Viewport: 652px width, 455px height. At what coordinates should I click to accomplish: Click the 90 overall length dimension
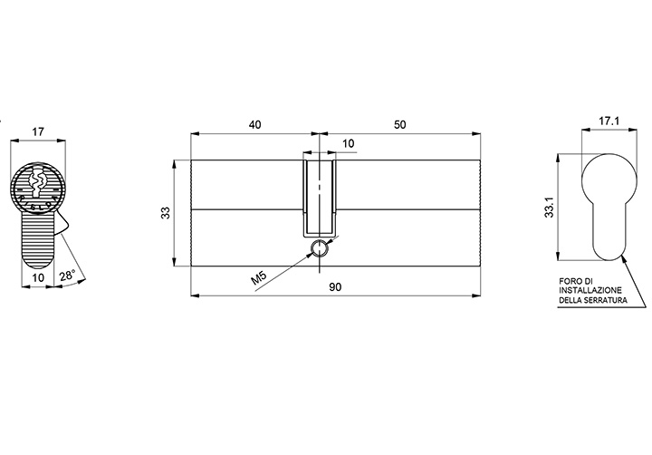(335, 287)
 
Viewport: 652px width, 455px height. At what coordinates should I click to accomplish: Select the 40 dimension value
(254, 125)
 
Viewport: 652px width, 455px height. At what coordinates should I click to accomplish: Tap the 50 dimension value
(399, 125)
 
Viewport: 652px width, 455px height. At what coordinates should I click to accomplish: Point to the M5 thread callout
(259, 277)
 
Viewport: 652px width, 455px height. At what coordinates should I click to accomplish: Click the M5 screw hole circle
(320, 248)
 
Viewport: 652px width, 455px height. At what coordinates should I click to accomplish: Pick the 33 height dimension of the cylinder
(166, 213)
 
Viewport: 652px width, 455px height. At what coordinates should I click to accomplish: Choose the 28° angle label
(66, 276)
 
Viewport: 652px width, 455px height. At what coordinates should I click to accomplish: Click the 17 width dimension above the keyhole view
(38, 132)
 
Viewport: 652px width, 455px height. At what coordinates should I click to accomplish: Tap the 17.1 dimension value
(609, 121)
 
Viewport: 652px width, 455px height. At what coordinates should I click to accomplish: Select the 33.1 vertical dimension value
(550, 207)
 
